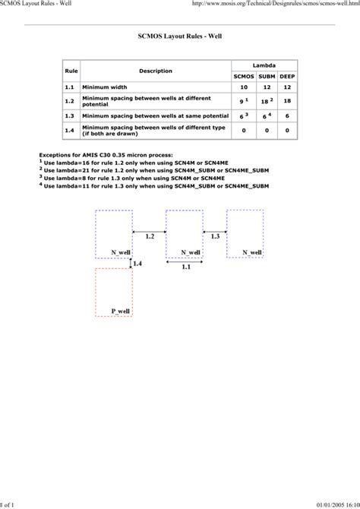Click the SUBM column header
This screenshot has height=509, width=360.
pos(267,77)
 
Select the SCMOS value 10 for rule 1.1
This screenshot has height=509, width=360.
pos(244,87)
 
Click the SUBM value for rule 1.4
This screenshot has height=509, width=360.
pos(267,130)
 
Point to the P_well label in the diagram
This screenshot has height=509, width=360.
pos(121,311)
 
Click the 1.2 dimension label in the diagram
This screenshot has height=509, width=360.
pos(149,237)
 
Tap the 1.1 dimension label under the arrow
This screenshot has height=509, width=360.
pos(185,267)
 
